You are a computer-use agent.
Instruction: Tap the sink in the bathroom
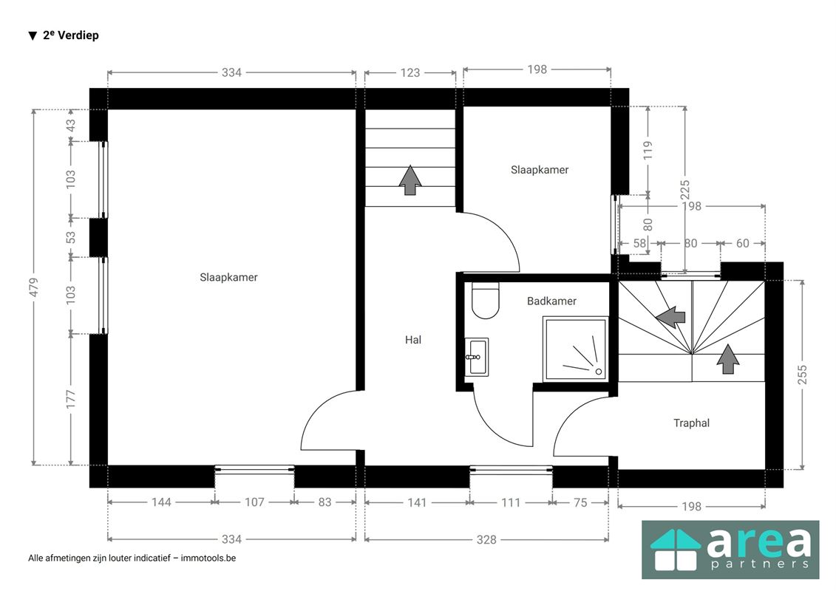pos(476,357)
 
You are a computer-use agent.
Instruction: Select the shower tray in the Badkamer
pos(575,349)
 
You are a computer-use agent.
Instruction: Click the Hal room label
pos(413,340)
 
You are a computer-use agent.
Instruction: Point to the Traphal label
pos(692,423)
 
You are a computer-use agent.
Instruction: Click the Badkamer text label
pos(552,301)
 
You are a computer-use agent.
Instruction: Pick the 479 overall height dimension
pos(34,287)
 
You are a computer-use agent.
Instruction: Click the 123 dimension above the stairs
pos(410,72)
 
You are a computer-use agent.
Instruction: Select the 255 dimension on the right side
pos(803,375)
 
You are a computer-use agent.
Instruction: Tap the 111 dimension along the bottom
pos(511,502)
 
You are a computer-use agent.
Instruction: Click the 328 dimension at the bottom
pos(486,540)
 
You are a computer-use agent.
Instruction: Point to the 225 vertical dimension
pos(685,190)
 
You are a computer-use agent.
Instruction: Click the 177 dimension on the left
pos(71,400)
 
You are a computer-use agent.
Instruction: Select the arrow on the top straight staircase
pos(410,180)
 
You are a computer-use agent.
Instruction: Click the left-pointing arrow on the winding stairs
pos(670,317)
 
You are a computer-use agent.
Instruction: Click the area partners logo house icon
pos(675,550)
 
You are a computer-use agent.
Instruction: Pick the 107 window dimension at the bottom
pos(254,502)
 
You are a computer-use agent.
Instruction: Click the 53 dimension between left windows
pos(71,237)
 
